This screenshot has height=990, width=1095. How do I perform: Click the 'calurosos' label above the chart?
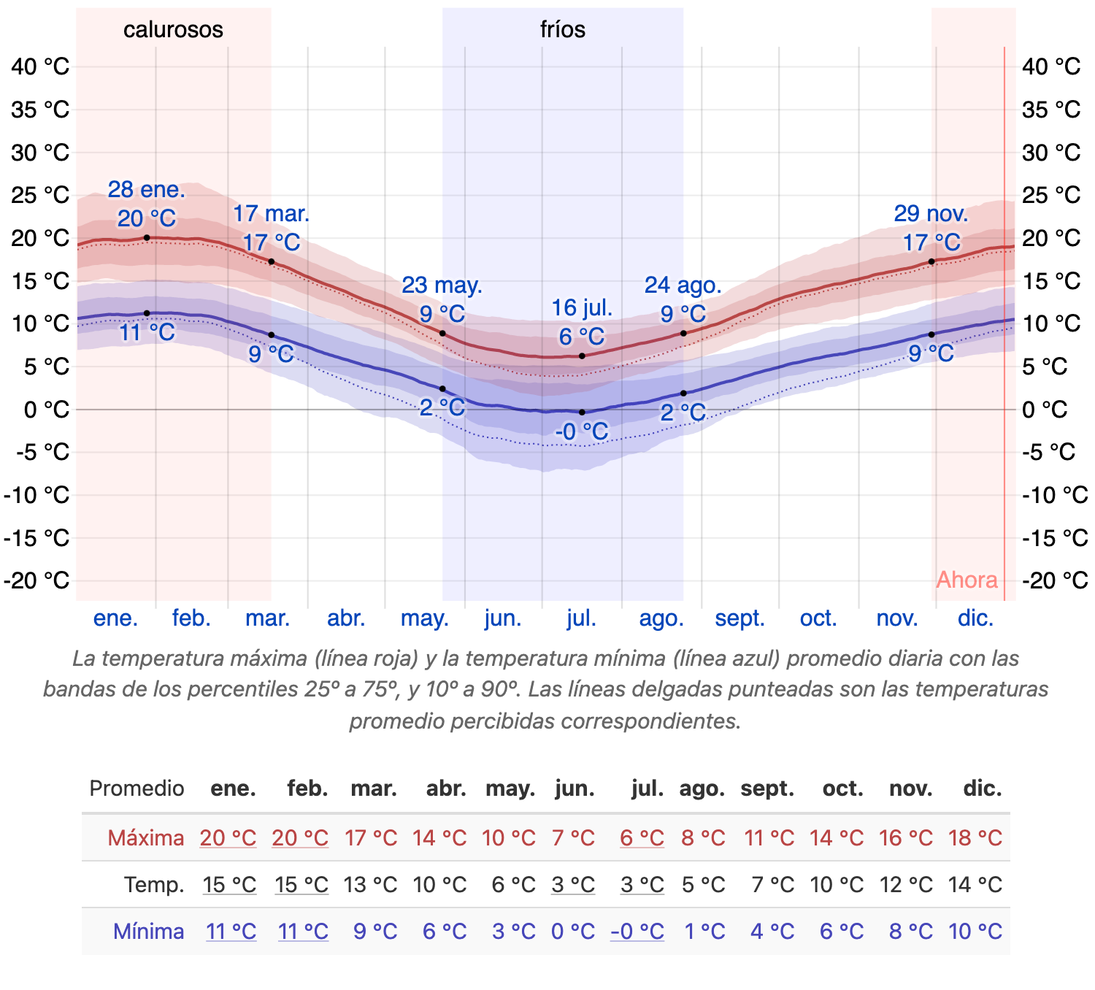click(173, 30)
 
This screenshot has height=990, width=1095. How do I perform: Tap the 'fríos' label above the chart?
click(562, 30)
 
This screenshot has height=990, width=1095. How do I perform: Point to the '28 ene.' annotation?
click(146, 190)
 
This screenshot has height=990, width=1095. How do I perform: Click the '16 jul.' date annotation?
click(582, 308)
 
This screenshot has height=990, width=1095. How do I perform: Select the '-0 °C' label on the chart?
click(581, 431)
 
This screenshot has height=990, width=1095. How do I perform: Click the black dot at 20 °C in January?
click(147, 237)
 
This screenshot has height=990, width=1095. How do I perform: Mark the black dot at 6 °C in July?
click(582, 356)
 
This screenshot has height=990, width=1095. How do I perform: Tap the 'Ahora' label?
click(967, 580)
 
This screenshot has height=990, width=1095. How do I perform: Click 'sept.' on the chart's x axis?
click(739, 618)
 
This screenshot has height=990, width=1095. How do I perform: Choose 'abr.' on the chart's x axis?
click(346, 618)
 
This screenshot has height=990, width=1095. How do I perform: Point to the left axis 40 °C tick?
click(40, 66)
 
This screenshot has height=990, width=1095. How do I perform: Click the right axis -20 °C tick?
click(1055, 580)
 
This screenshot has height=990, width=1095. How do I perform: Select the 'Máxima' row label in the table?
click(145, 837)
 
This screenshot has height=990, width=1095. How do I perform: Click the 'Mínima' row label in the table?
click(148, 932)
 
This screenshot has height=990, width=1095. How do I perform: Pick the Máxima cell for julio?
click(642, 837)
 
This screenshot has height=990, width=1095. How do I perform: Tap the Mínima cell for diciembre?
click(975, 932)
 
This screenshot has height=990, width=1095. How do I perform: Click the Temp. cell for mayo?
click(513, 885)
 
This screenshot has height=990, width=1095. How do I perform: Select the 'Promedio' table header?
click(137, 788)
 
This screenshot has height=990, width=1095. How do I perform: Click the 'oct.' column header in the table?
click(842, 788)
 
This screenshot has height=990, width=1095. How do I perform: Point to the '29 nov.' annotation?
click(931, 214)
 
